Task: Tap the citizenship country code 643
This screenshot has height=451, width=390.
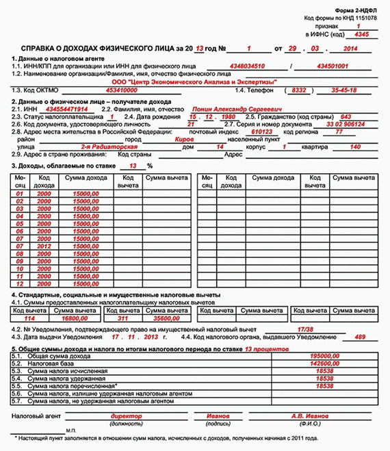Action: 346,116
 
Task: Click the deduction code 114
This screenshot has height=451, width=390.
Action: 29,318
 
